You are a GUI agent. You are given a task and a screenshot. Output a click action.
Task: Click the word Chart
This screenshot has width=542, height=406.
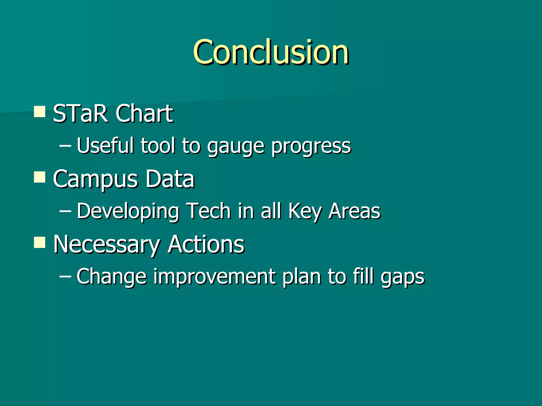144,114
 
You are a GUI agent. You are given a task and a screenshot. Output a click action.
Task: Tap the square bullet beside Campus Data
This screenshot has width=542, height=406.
40,177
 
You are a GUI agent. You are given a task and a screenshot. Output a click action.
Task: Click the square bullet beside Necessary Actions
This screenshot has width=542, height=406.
40,242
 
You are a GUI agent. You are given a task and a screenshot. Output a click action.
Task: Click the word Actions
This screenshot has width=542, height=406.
206,244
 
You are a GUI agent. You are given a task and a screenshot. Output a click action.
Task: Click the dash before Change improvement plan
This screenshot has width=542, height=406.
65,276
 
